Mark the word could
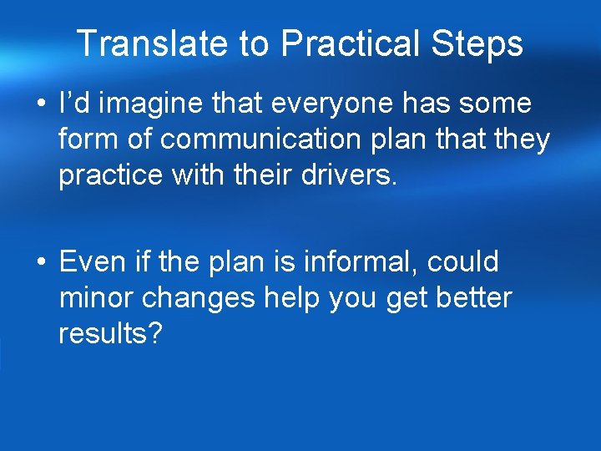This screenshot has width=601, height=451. pyautogui.click(x=462, y=261)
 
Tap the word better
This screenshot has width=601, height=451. pyautogui.click(x=474, y=298)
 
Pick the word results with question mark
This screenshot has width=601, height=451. pyautogui.click(x=109, y=335)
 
